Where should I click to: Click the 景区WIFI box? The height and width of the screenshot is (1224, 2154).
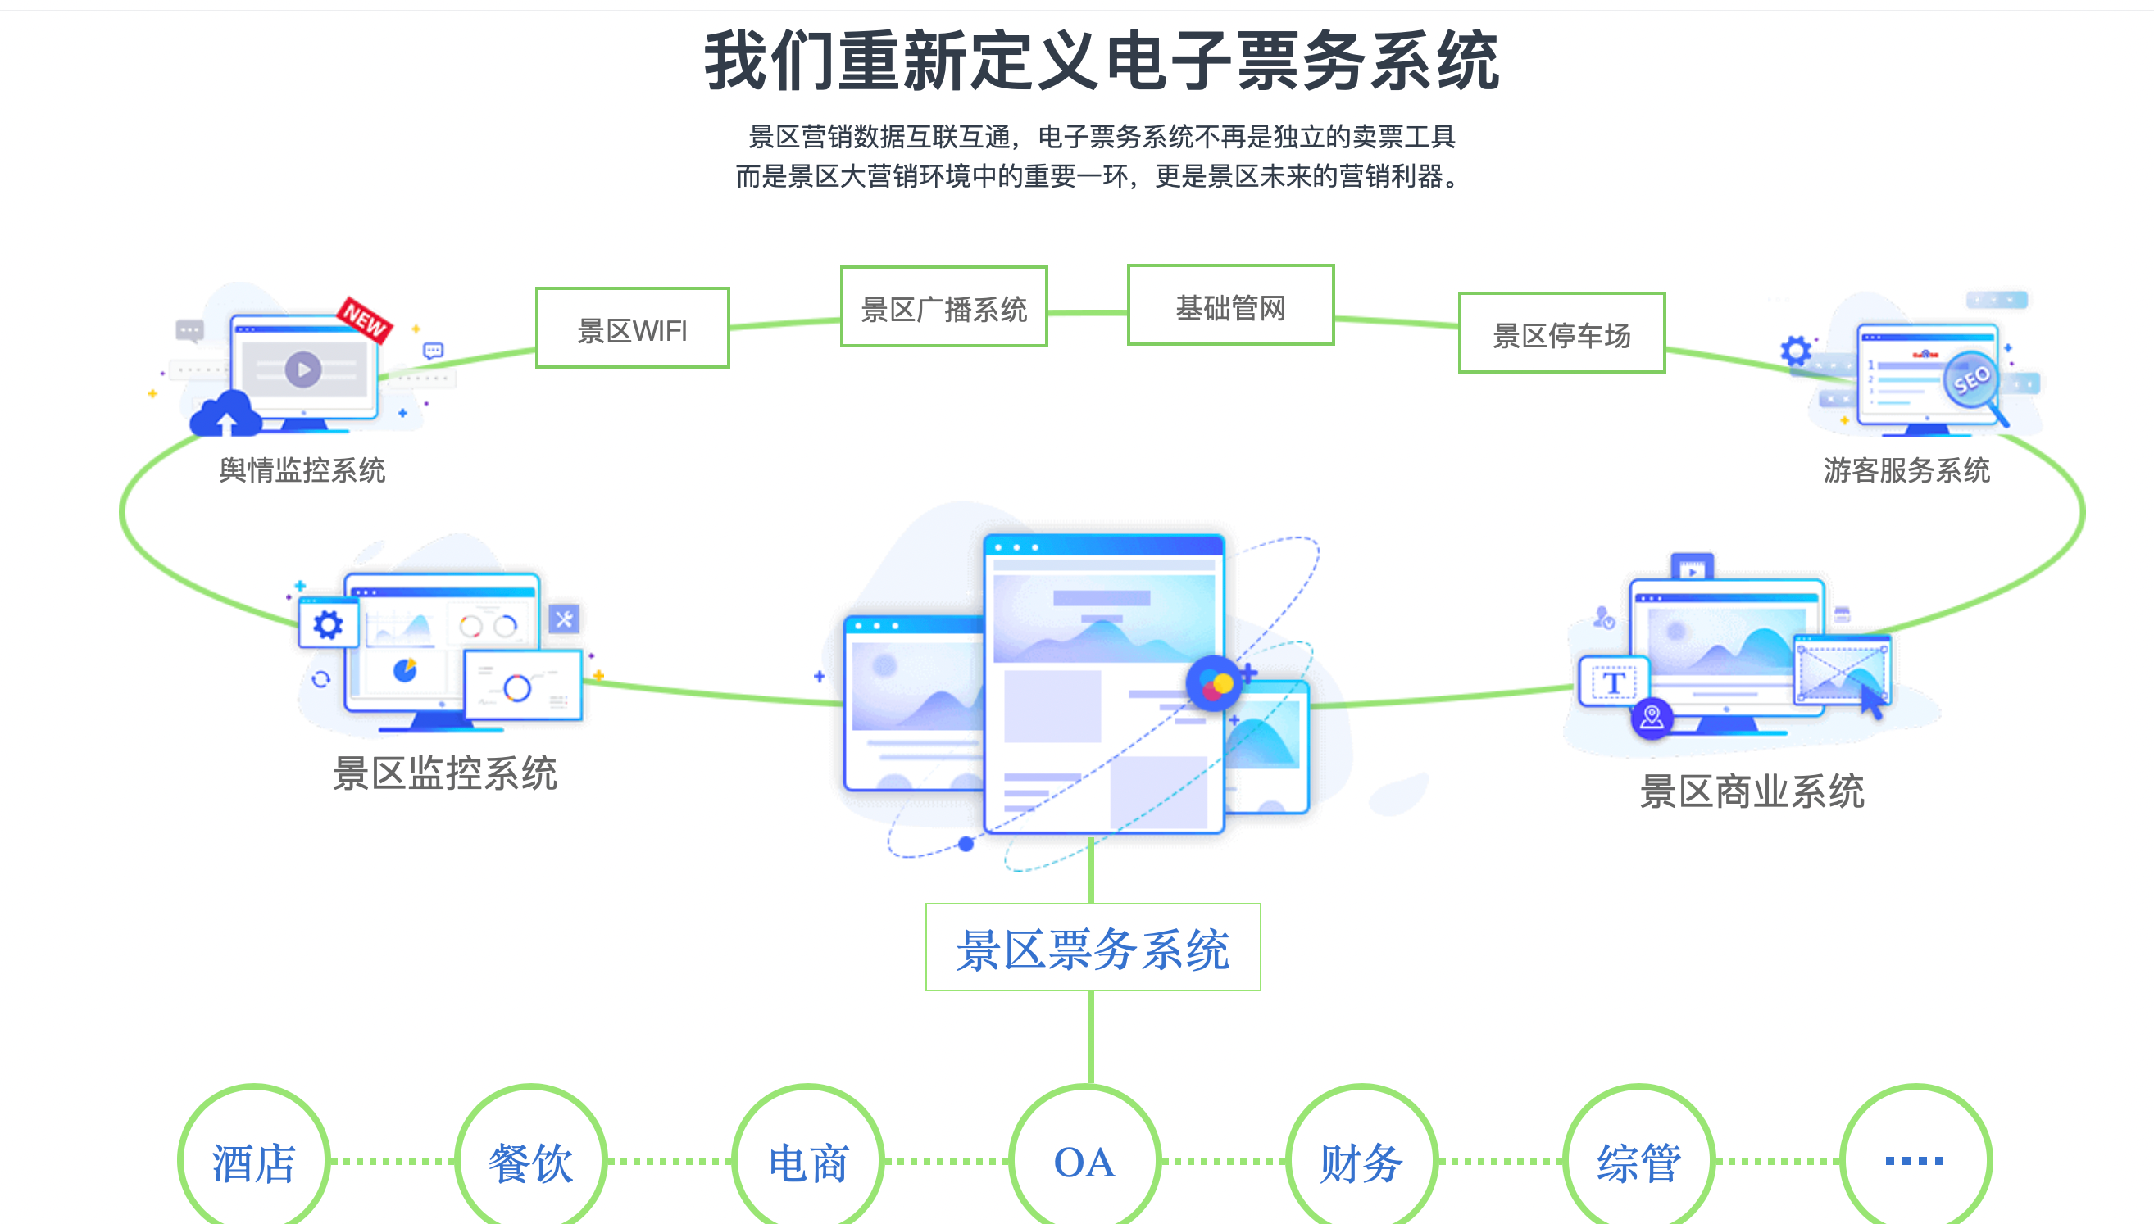pyautogui.click(x=632, y=329)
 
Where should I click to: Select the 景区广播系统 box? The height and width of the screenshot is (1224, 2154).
pyautogui.click(x=943, y=307)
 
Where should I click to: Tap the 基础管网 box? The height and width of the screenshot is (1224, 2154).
pyautogui.click(x=1230, y=306)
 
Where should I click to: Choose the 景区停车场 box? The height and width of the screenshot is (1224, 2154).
pyautogui.click(x=1561, y=333)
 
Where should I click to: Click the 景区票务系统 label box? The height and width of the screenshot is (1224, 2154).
pyautogui.click(x=1092, y=948)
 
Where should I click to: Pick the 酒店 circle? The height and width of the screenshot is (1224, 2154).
pyautogui.click(x=253, y=1160)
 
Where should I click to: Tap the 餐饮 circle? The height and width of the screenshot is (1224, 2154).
pyautogui.click(x=530, y=1160)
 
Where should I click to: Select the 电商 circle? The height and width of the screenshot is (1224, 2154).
pyautogui.click(x=808, y=1160)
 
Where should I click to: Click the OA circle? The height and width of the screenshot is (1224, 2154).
pyautogui.click(x=1084, y=1160)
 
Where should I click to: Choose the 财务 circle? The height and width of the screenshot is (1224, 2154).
pyautogui.click(x=1361, y=1160)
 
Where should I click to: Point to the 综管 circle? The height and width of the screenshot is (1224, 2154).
pyautogui.click(x=1638, y=1160)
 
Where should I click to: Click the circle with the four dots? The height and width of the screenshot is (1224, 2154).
pyautogui.click(x=1915, y=1160)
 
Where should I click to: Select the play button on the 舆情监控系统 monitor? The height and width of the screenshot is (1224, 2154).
pyautogui.click(x=302, y=369)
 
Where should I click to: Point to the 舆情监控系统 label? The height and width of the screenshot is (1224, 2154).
pyautogui.click(x=302, y=470)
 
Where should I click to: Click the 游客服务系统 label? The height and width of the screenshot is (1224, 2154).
pyautogui.click(x=1906, y=470)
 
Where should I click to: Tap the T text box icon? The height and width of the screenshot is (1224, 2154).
pyautogui.click(x=1612, y=682)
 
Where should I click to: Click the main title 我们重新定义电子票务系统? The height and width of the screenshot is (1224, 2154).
pyautogui.click(x=1102, y=61)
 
